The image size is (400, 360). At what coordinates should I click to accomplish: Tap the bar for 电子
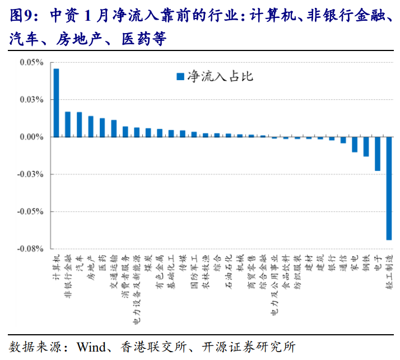point(378,154)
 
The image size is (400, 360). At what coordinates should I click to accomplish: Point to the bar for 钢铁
point(366,146)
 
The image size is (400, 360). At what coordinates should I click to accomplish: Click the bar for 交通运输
point(114,128)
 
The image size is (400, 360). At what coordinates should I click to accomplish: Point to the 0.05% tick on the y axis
point(31,63)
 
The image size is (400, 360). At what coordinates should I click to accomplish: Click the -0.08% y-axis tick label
point(30,249)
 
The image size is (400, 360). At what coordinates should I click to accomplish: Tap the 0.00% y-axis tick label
point(31,137)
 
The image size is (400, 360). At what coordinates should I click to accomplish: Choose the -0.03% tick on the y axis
point(30,174)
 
